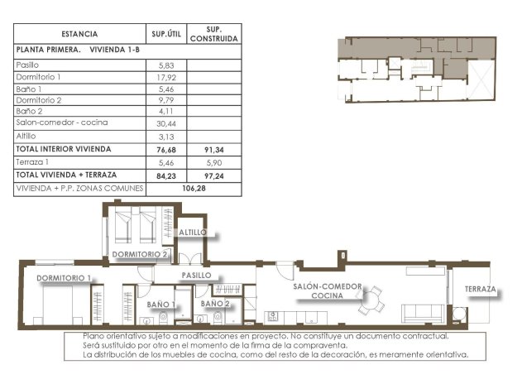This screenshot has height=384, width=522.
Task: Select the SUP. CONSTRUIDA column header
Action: (x=214, y=34)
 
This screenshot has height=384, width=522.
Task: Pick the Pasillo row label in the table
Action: (x=28, y=63)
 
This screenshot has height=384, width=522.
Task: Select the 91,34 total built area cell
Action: (x=214, y=150)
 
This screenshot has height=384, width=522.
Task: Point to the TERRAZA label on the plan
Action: (x=480, y=290)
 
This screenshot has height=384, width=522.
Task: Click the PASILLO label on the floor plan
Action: (x=197, y=275)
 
